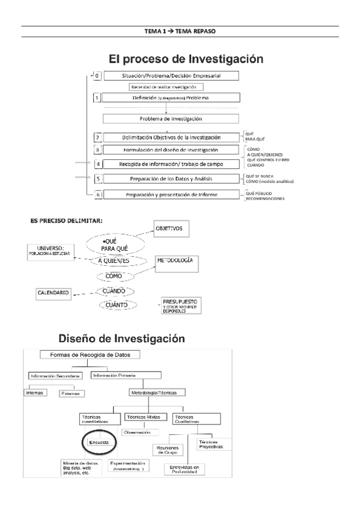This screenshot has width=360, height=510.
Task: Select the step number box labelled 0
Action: [x=97, y=76]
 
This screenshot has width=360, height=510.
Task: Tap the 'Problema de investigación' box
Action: [x=171, y=118]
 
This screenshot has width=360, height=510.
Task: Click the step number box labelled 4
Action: [x=97, y=164]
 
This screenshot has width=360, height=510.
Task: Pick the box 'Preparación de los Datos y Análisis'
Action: [x=171, y=178]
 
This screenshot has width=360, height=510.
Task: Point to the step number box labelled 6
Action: [x=97, y=195]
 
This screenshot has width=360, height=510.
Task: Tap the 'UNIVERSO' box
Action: [x=53, y=252]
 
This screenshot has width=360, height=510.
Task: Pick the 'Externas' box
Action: [x=72, y=393]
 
